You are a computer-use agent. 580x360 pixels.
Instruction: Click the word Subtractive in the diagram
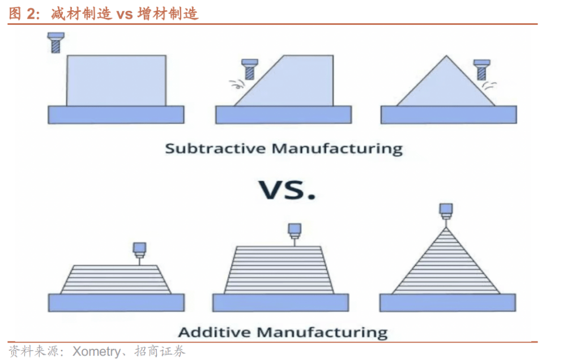tap(215, 149)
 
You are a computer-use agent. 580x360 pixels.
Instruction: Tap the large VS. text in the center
tap(287, 190)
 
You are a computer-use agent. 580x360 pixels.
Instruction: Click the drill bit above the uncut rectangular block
tap(56, 42)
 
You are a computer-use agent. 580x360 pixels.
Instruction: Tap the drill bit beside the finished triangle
tap(481, 69)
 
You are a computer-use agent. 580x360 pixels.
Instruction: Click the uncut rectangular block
tap(116, 80)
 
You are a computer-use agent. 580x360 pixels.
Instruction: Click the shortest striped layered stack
tap(116, 278)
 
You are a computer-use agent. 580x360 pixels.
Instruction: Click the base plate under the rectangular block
tap(116, 114)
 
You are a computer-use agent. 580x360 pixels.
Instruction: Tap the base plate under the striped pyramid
tap(447, 302)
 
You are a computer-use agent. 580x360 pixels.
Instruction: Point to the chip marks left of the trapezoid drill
tap(234, 85)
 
